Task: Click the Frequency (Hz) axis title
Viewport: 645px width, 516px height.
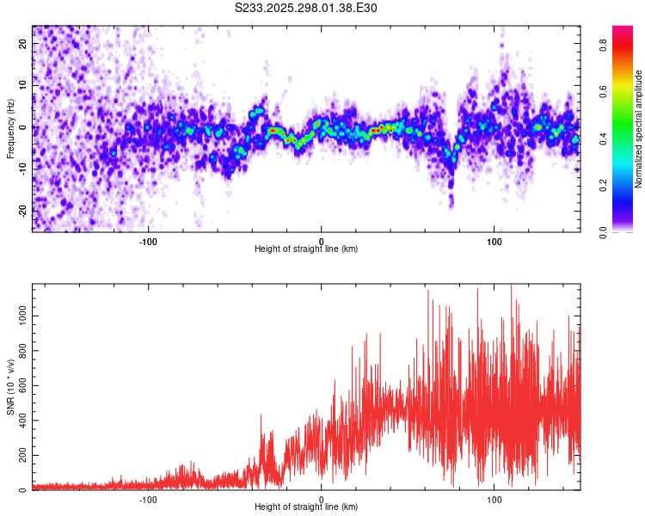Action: point(10,128)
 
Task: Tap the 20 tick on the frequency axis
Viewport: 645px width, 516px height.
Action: point(23,46)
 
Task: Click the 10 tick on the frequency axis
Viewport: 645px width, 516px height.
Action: point(23,87)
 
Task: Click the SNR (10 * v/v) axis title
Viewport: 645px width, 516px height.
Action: point(10,386)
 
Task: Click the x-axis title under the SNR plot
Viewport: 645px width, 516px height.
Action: point(306,507)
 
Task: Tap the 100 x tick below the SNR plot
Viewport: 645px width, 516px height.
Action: point(494,499)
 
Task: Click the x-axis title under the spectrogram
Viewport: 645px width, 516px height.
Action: point(306,249)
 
